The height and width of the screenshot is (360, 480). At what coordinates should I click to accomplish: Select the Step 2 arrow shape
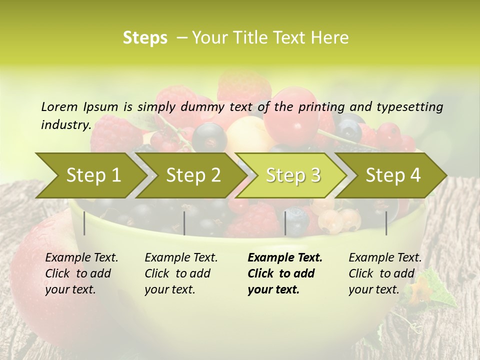(x=193, y=175)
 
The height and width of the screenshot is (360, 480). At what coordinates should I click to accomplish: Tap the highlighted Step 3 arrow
(x=293, y=175)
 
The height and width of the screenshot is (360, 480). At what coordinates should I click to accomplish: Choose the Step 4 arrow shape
(x=393, y=175)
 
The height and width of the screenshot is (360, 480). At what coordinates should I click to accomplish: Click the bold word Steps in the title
(x=145, y=38)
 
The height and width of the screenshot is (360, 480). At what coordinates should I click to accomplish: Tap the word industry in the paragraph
(x=65, y=124)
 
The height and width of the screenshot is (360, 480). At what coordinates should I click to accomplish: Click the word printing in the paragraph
(x=322, y=106)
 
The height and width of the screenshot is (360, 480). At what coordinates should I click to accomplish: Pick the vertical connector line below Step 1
(x=84, y=223)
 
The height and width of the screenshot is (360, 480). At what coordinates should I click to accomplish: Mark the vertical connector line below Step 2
(x=184, y=223)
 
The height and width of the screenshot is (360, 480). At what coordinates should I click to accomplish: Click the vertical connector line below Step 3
(x=285, y=223)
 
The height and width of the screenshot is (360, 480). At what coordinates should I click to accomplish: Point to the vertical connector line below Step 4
(x=386, y=223)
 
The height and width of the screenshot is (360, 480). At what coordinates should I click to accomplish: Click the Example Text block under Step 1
(x=81, y=273)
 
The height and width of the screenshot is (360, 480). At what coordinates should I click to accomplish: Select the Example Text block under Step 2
(x=181, y=273)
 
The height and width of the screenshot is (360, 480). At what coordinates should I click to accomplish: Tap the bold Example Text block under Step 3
(x=285, y=273)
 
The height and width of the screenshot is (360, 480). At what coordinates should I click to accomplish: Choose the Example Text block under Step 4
(x=385, y=273)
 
